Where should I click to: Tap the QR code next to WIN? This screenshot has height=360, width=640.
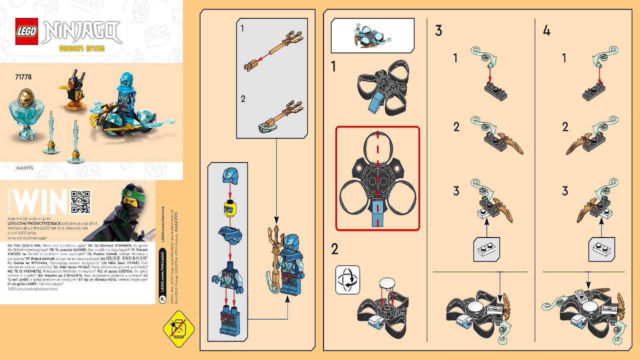(81, 201)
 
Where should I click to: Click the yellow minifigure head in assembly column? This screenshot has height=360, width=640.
(228, 205)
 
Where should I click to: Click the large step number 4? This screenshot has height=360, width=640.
(546, 31)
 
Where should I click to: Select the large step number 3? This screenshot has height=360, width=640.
(438, 31)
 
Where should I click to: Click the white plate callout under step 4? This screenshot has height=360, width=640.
(601, 248)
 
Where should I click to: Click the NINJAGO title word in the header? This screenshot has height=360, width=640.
(82, 32)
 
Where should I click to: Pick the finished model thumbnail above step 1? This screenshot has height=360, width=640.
(372, 36)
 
